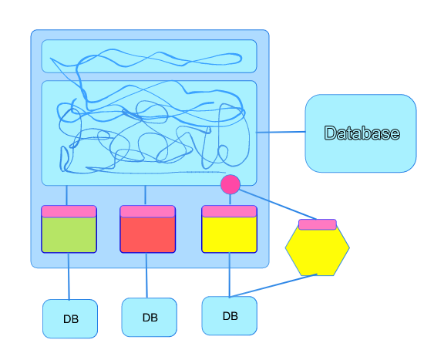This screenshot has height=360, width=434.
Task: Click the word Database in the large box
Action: click(x=362, y=133)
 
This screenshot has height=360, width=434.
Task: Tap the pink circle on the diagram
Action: click(x=230, y=184)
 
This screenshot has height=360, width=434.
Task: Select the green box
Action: click(x=69, y=229)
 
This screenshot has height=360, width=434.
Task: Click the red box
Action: click(x=147, y=229)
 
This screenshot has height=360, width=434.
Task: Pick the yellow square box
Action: click(x=229, y=229)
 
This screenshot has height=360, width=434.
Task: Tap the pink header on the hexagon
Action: click(x=318, y=224)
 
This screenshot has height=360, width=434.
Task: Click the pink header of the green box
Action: click(x=69, y=211)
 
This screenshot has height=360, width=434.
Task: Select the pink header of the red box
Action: click(x=147, y=211)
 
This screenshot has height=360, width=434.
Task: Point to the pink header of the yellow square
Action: click(x=229, y=211)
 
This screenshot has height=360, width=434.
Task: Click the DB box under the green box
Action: click(x=70, y=319)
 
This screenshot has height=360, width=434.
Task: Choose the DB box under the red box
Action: click(x=150, y=318)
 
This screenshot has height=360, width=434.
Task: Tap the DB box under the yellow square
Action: click(x=230, y=316)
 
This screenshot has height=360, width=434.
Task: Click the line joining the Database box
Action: click(x=281, y=132)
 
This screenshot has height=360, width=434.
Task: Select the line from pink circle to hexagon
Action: click(x=278, y=204)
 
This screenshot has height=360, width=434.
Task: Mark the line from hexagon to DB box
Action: click(x=273, y=285)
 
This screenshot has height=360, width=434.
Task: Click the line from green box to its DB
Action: click(x=69, y=276)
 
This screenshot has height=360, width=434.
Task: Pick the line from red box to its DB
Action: click(x=146, y=275)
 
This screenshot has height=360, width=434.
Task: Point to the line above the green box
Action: click(x=67, y=195)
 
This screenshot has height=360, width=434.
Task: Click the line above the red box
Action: click(x=146, y=195)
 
